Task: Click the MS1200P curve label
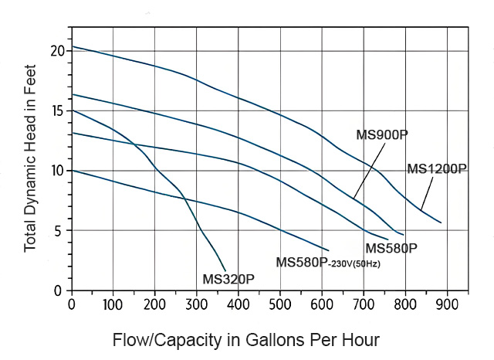pyautogui.click(x=437, y=169)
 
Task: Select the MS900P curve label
pyautogui.click(x=382, y=135)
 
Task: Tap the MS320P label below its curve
pyautogui.click(x=228, y=278)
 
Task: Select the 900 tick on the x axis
pyautogui.click(x=446, y=304)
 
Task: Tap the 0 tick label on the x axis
pyautogui.click(x=72, y=304)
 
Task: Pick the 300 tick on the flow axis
pyautogui.click(x=239, y=304)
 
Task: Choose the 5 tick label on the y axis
pyautogui.click(x=59, y=231)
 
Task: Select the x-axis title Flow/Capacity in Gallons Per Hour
pyautogui.click(x=246, y=340)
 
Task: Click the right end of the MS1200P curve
pyautogui.click(x=441, y=222)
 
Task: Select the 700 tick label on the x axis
pyautogui.click(x=364, y=304)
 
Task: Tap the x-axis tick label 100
pyautogui.click(x=113, y=304)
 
